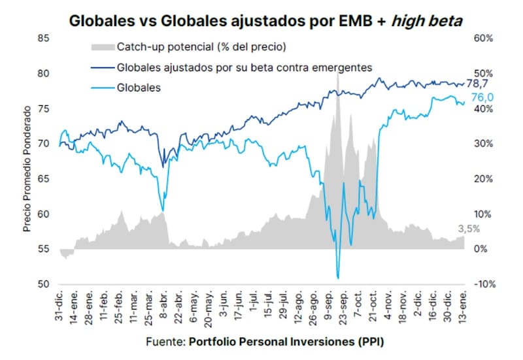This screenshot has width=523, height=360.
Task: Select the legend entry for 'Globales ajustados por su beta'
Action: pos(245,67)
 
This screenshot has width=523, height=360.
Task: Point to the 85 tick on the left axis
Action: pos(44,38)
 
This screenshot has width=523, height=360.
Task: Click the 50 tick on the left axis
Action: pos(44,285)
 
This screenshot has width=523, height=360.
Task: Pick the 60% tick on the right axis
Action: pos(482,38)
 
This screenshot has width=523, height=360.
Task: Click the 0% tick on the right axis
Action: pos(479,250)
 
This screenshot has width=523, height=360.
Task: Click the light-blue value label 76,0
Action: pos(482,97)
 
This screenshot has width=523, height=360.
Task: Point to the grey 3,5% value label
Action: pos(468,229)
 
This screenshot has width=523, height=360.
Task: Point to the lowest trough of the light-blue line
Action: pos(338,278)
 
